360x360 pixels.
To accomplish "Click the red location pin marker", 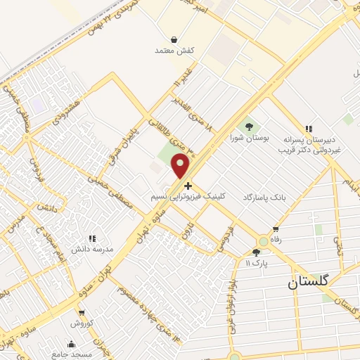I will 181,165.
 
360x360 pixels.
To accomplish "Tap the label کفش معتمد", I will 174,51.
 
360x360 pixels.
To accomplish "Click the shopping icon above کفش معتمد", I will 174,39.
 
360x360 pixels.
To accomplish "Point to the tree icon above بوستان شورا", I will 248,127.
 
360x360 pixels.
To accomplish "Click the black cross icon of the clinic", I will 187,186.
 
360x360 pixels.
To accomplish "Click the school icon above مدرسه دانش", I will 95,238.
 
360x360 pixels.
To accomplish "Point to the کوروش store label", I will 82,323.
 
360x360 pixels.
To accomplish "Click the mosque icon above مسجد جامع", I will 71,344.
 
